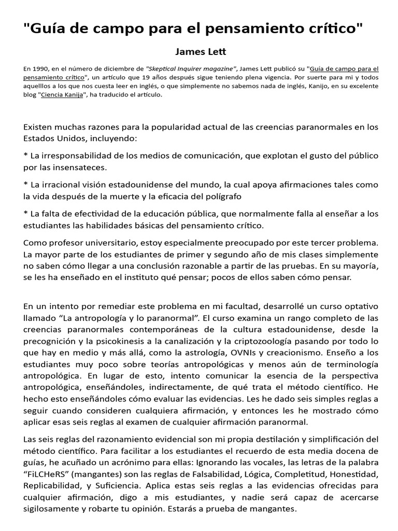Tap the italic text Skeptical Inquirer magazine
pyautogui.click(x=192, y=68)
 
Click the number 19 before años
pyautogui.click(x=123, y=77)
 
